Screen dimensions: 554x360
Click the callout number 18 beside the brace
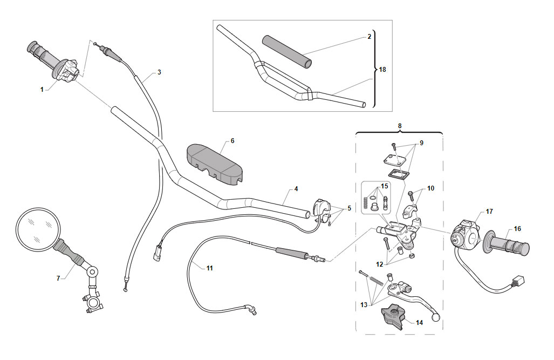point(382,70)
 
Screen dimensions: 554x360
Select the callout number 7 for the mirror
point(58,279)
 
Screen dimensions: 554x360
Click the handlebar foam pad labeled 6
point(214,165)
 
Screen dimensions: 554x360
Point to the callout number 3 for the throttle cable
point(159,72)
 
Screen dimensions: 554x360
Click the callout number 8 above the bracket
point(400,126)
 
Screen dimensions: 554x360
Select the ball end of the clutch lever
point(436,317)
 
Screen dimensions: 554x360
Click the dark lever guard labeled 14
point(392,316)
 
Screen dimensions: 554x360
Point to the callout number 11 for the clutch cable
point(209,268)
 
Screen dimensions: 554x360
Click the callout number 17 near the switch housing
point(489,212)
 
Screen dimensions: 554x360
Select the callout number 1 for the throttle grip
point(42,90)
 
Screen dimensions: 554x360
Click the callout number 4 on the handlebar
point(296,189)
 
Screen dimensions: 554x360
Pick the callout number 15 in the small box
point(385,186)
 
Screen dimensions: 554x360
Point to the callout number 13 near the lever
point(364,305)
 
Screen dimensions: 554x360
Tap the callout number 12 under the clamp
point(379,264)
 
